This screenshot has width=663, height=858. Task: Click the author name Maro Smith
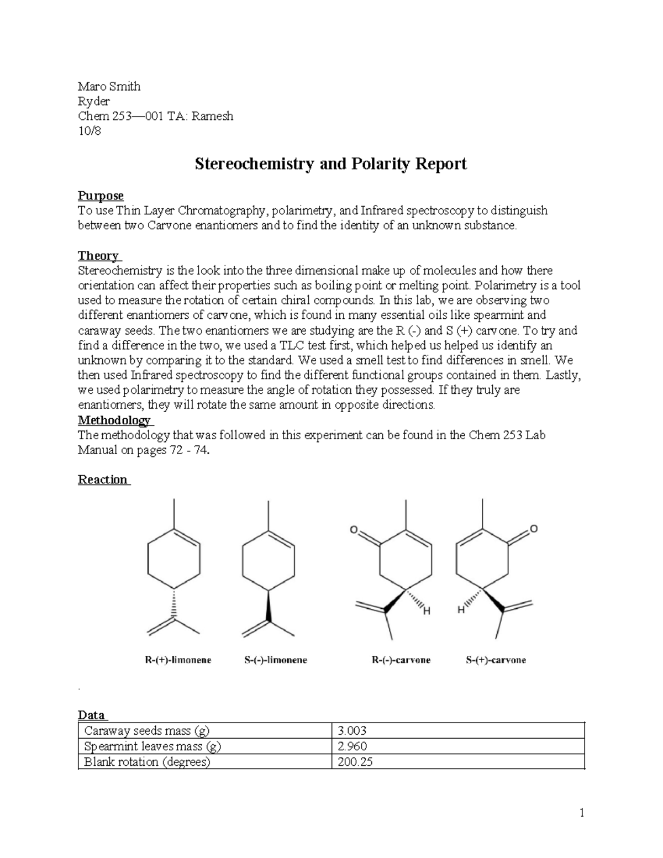[x=109, y=86]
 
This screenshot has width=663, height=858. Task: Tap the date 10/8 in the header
[x=90, y=131]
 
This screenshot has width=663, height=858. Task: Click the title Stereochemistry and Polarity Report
[x=330, y=164]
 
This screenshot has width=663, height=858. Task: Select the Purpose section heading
[x=101, y=196]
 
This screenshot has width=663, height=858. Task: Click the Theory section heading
[x=98, y=255]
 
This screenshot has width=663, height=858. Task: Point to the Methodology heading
[x=114, y=420]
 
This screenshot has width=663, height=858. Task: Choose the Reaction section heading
[x=103, y=479]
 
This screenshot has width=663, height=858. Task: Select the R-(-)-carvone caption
[x=399, y=660]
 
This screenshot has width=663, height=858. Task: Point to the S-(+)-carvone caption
[x=494, y=660]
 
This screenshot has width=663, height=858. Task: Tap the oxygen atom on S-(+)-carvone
[x=534, y=529]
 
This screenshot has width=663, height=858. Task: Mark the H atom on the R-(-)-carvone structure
[x=425, y=611]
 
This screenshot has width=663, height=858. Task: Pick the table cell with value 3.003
[x=352, y=730]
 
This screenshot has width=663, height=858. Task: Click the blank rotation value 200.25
[x=355, y=762]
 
